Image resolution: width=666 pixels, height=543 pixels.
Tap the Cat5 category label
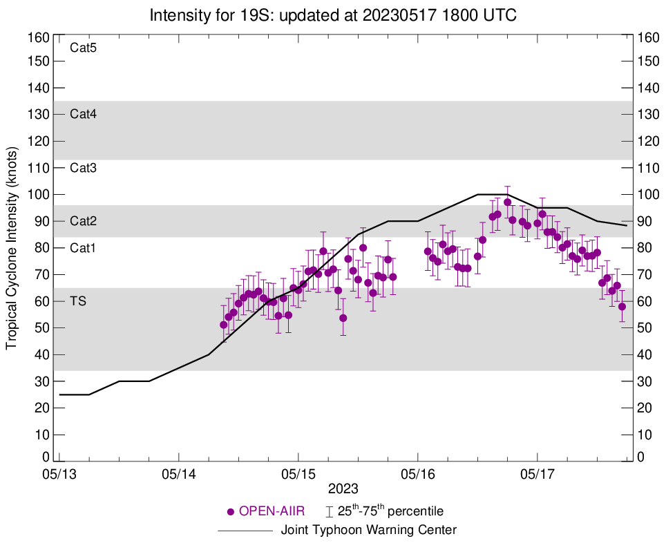(x=83, y=48)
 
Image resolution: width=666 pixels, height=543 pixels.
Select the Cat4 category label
(x=83, y=115)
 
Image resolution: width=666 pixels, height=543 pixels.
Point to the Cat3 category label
(x=83, y=168)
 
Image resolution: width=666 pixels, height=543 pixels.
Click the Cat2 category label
(x=83, y=221)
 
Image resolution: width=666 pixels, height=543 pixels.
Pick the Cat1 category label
(x=83, y=248)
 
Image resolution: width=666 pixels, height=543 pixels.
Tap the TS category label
(x=77, y=301)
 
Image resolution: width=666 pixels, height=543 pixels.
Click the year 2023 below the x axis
(x=343, y=488)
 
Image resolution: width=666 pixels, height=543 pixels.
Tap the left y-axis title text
(x=12, y=248)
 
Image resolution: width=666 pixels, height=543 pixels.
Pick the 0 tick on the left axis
(x=46, y=457)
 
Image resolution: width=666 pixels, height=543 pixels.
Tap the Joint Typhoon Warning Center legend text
(x=369, y=531)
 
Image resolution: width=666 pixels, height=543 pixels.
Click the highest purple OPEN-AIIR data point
(x=507, y=202)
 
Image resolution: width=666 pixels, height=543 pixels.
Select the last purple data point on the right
(x=622, y=307)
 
